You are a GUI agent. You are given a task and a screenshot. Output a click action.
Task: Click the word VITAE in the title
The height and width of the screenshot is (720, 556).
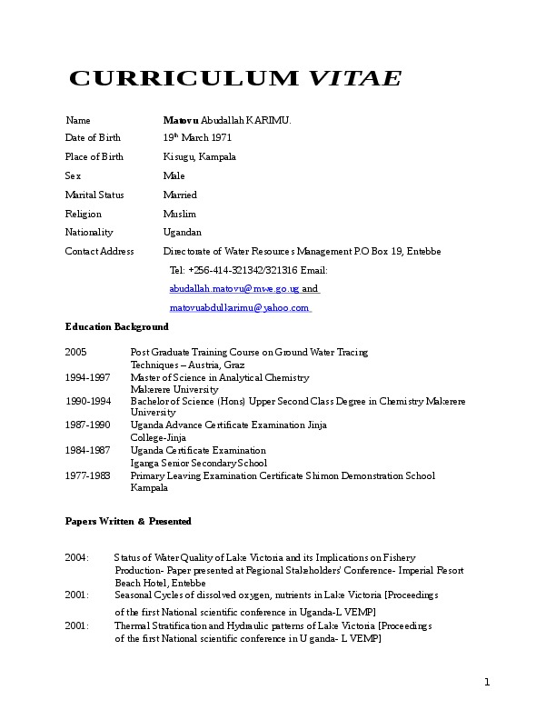click(x=355, y=78)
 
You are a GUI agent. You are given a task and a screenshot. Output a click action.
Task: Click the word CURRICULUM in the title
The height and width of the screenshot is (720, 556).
click(x=183, y=78)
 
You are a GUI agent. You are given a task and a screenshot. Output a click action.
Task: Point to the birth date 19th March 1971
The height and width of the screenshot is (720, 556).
click(x=197, y=138)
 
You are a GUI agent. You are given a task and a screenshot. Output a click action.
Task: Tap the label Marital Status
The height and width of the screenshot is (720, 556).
click(x=94, y=195)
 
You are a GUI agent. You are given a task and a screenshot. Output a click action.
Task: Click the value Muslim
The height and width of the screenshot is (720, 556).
click(x=179, y=214)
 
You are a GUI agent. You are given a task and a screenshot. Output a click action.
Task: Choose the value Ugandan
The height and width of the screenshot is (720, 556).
click(x=182, y=232)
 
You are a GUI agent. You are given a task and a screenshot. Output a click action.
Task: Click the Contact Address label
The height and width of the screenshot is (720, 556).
click(x=100, y=251)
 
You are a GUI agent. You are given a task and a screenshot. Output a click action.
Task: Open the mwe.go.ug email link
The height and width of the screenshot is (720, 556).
click(x=234, y=289)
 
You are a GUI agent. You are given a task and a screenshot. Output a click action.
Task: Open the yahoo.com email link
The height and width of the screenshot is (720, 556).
click(x=239, y=308)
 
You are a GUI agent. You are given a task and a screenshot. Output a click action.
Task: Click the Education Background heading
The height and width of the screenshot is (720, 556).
click(x=116, y=326)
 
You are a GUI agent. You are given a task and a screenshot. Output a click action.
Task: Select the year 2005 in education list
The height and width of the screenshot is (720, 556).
click(x=75, y=352)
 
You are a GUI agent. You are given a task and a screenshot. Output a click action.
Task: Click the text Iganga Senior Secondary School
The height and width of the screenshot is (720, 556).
click(x=199, y=463)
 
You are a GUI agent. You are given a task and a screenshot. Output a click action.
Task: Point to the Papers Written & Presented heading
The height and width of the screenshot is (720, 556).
click(x=128, y=522)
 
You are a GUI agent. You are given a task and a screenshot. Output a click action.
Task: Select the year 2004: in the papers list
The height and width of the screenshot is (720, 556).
click(x=77, y=557)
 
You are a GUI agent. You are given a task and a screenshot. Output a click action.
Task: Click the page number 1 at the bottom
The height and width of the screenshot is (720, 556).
click(x=487, y=683)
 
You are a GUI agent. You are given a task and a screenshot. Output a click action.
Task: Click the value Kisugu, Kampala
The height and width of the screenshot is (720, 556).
click(x=199, y=156)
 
